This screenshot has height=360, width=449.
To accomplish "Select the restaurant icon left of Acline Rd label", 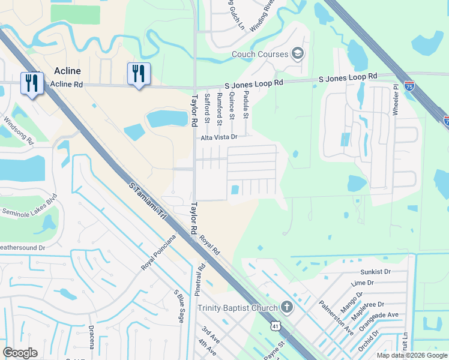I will (x=32, y=83).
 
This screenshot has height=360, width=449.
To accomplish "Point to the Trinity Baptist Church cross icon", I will (x=287, y=308).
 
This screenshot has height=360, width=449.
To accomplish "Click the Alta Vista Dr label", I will (x=219, y=137).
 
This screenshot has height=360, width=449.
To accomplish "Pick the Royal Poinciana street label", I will (x=158, y=252).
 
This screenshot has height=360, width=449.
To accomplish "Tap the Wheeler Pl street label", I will (x=396, y=100).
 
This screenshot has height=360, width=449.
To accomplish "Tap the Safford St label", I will (x=207, y=108).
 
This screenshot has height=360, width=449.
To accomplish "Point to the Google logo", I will (x=20, y=353).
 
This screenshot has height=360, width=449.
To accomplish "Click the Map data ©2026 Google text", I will (x=411, y=355).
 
